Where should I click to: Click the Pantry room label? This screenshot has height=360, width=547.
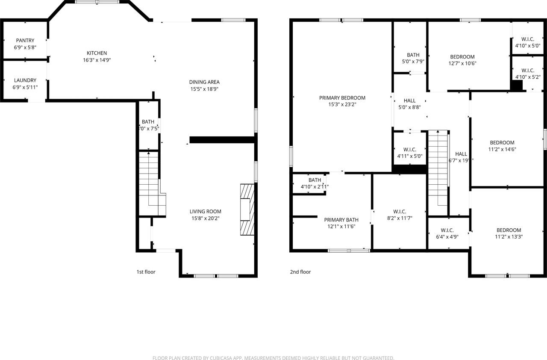[25, 41]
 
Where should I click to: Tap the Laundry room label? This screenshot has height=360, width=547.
[25, 80]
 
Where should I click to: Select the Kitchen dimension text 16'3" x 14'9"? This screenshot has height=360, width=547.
[97, 60]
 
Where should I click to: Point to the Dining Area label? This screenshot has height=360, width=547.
[204, 82]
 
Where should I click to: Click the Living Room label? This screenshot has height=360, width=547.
[206, 211]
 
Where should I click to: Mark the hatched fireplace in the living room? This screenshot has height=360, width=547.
[247, 210]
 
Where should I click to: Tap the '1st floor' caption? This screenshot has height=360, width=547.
[146, 272]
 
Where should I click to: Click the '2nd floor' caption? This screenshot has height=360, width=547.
[300, 272]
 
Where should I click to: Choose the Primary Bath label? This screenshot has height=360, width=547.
[341, 220]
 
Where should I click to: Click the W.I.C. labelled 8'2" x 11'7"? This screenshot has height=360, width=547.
[400, 212]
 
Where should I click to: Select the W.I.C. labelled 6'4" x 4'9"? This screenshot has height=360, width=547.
[447, 230]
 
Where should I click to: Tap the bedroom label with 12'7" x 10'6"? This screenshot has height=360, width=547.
[462, 57]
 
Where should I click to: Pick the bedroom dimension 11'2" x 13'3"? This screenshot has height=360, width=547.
[509, 237]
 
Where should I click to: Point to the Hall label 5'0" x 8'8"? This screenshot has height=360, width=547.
[410, 101]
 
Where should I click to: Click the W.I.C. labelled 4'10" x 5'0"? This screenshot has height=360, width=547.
[528, 39]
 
